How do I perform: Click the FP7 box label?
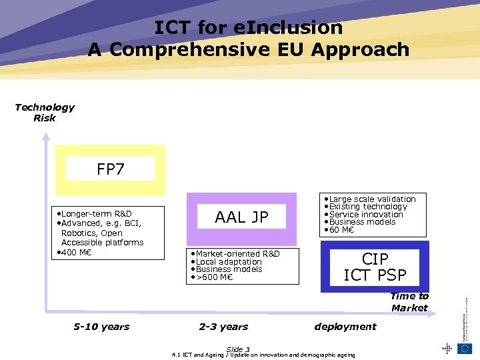(x=111, y=169)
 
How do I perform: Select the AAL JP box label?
(x=241, y=217)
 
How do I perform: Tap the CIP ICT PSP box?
(x=374, y=267)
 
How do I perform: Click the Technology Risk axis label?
(x=45, y=113)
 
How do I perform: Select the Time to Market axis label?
(x=409, y=302)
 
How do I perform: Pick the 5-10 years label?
(x=101, y=327)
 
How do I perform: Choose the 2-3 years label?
(x=223, y=327)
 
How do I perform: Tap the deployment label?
(x=345, y=327)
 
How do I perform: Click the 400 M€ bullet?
(x=75, y=252)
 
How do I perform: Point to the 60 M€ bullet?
(x=344, y=230)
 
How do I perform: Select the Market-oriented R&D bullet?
(x=235, y=254)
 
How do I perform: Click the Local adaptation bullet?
(x=226, y=262)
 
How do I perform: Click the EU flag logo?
(x=464, y=347)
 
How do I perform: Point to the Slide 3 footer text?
(x=238, y=349)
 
